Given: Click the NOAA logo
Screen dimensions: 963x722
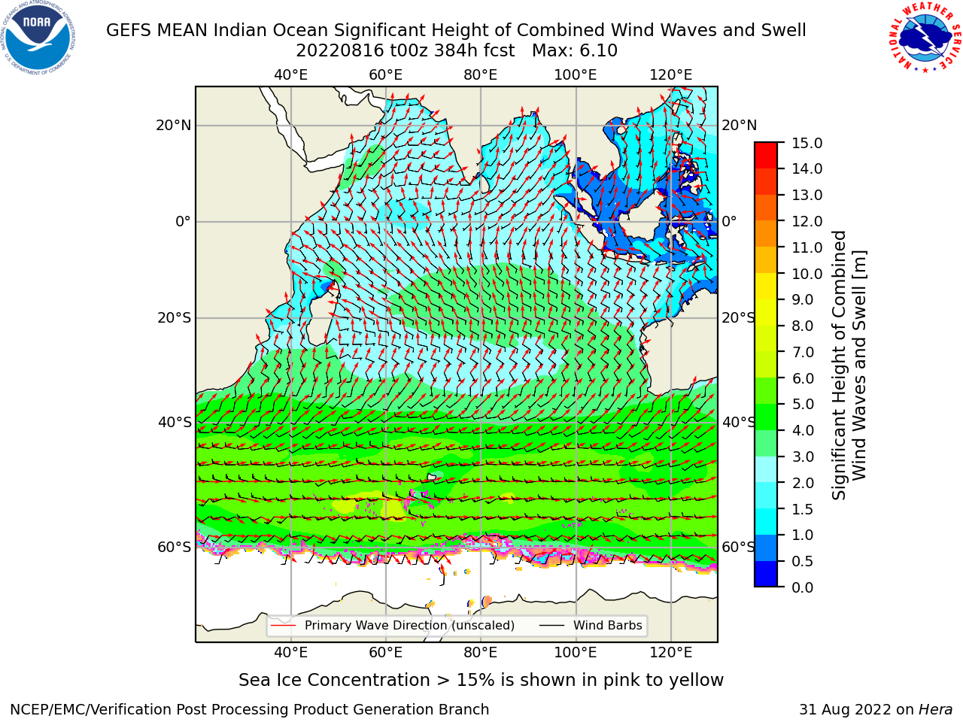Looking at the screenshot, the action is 38,38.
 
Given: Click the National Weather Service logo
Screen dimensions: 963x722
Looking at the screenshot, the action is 925,38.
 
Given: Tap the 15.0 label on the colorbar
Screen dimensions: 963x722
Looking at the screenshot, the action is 807,143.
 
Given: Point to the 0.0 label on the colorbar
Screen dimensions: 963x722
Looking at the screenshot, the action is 803,587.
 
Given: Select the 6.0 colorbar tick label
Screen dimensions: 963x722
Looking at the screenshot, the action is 803,378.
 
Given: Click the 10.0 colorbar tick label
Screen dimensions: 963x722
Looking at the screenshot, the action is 807,274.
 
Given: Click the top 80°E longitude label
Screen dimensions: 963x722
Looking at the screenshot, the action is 481,75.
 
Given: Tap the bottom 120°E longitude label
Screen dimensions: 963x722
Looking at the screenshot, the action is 670,652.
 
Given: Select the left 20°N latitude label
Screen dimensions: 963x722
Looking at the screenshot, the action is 174,126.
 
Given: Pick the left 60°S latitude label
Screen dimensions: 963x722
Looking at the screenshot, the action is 175,547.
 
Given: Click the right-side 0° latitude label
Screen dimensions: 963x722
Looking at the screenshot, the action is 729,221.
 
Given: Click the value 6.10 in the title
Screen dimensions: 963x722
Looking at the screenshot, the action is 597,51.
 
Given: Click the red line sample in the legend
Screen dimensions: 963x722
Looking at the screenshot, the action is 283,625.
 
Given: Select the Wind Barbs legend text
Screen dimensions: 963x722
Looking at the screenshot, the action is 608,625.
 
